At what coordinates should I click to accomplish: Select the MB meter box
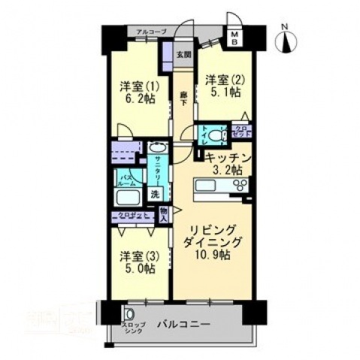[234, 40]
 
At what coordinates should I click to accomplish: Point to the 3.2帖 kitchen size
[226, 171]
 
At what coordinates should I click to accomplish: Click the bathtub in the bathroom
[128, 198]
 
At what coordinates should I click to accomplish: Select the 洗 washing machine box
[155, 193]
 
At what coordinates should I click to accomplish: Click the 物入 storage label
[164, 216]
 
